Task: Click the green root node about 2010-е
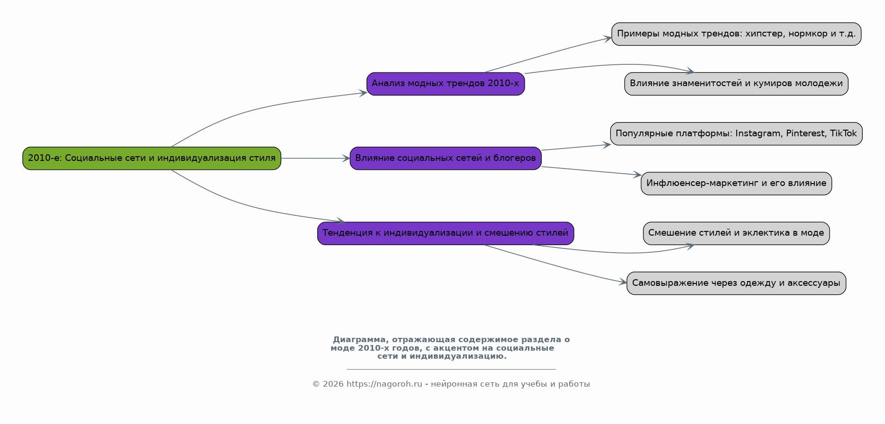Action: pyautogui.click(x=152, y=158)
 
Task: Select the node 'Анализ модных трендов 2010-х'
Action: pyautogui.click(x=446, y=84)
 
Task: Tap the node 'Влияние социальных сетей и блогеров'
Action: pyautogui.click(x=446, y=158)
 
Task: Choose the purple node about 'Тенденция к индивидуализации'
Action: pyautogui.click(x=446, y=233)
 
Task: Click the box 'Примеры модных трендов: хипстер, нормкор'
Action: pyautogui.click(x=736, y=34)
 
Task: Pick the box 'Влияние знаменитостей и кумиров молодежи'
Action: pyautogui.click(x=736, y=84)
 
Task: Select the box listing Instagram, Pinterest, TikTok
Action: pyautogui.click(x=736, y=133)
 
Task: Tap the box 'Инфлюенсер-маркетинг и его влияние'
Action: pyautogui.click(x=736, y=184)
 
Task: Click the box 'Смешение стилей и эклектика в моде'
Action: pyautogui.click(x=736, y=233)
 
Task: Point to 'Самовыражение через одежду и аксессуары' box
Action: pyautogui.click(x=736, y=283)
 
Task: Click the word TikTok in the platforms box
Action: pyautogui.click(x=843, y=133)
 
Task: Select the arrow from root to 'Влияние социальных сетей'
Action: pyautogui.click(x=315, y=158)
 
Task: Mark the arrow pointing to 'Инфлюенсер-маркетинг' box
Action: pyautogui.click(x=591, y=171)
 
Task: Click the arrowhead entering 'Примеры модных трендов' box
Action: pyautogui.click(x=607, y=38)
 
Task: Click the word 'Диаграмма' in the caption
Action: pyautogui.click(x=358, y=340)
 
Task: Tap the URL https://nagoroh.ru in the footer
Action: pyautogui.click(x=384, y=384)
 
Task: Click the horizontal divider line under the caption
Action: pyautogui.click(x=451, y=369)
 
